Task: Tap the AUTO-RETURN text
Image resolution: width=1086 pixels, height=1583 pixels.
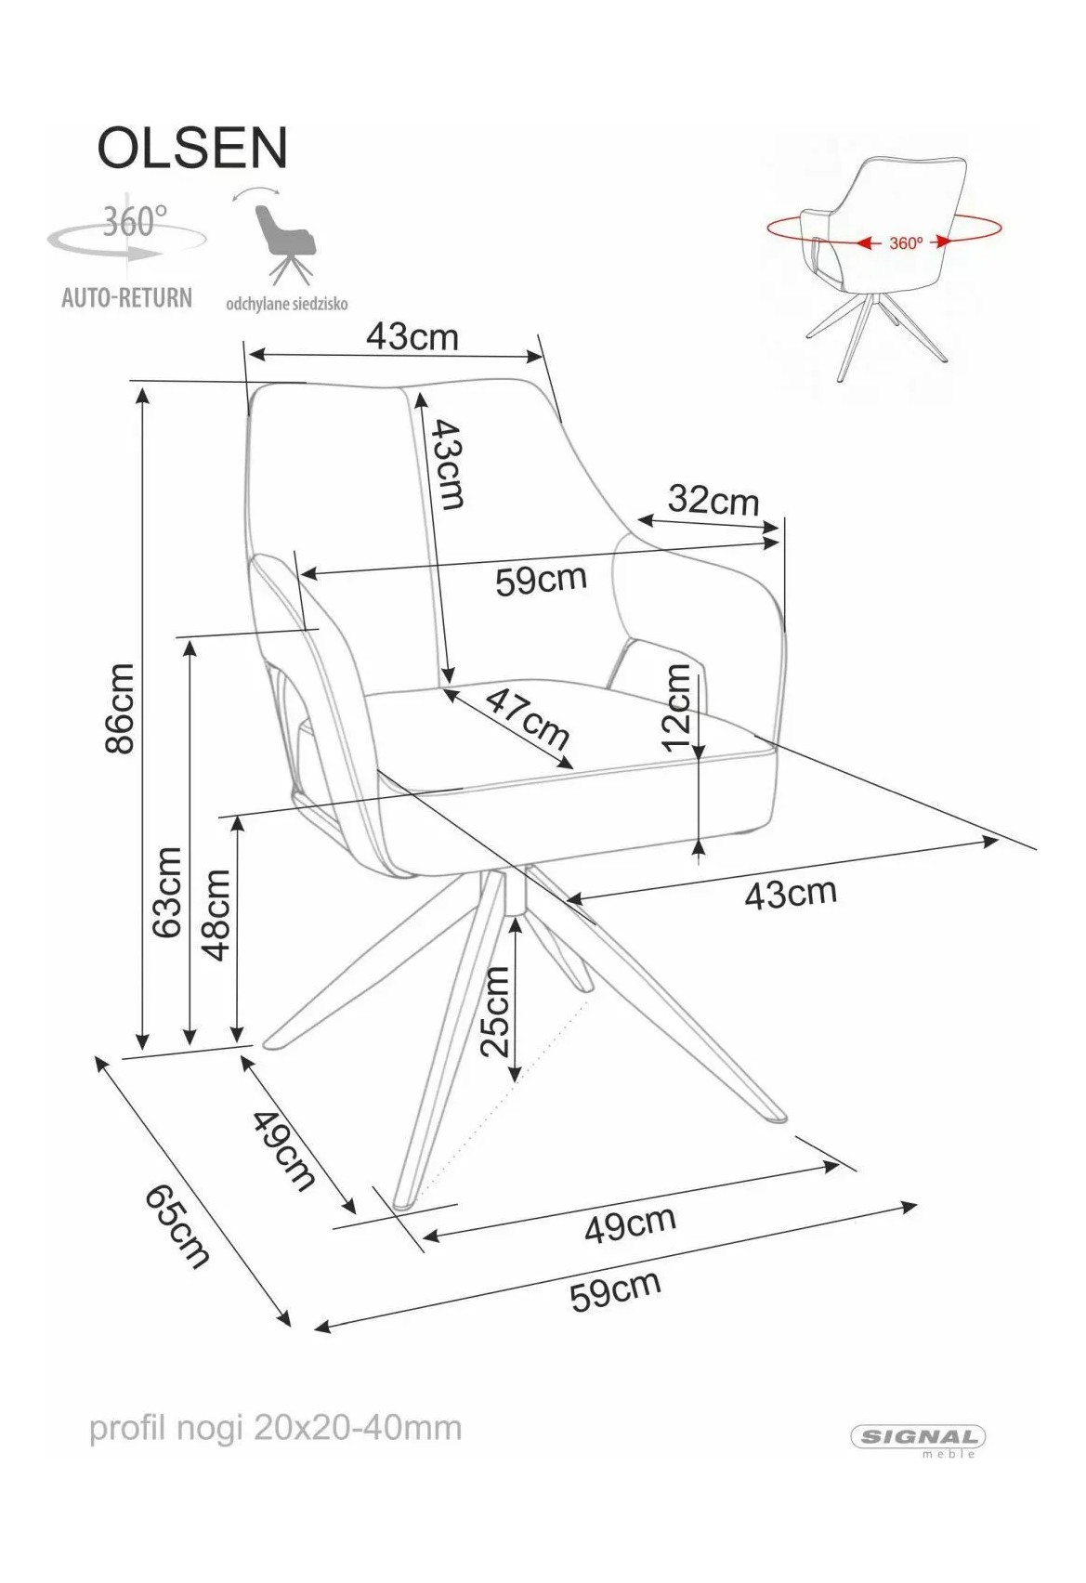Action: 126,297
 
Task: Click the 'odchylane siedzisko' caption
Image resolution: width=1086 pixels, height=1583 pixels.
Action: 287,305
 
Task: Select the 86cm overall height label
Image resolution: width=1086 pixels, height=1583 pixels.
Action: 119,708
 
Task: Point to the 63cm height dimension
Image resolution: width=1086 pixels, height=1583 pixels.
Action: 167,892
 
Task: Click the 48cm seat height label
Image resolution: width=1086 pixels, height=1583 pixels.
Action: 216,914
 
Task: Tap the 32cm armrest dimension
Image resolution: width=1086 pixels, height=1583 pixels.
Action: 713,501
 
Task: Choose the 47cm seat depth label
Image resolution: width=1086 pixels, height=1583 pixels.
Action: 528,719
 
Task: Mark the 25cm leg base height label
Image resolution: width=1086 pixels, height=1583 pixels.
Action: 494,1012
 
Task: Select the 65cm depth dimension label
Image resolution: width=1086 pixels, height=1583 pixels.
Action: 177,1226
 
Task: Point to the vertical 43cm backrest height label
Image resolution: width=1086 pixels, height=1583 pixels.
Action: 448,464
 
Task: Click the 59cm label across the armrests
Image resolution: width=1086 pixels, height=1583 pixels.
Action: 542,581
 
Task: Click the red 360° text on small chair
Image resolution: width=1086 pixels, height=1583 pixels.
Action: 906,243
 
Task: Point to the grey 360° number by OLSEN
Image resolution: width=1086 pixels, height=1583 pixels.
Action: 135,222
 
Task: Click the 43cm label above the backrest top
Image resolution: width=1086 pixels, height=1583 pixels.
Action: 412,337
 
